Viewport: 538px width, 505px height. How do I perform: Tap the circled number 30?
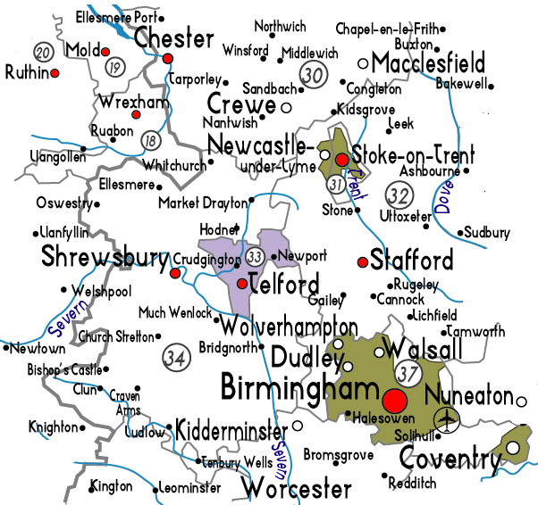tap(313, 75)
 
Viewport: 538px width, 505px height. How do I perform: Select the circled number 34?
tap(176, 357)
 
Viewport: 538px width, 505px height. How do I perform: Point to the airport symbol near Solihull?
tap(445, 418)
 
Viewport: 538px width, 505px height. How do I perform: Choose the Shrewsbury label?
tap(105, 259)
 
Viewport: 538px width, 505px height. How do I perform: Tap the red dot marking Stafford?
tap(362, 262)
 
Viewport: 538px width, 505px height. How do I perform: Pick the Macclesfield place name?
tap(428, 63)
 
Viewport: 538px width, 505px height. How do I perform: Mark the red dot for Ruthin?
tap(55, 72)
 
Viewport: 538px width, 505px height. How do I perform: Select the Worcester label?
tap(297, 489)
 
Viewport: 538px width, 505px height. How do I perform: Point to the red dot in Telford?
tap(241, 285)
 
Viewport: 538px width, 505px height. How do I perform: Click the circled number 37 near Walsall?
tap(408, 370)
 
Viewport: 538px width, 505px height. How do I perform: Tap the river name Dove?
tap(444, 198)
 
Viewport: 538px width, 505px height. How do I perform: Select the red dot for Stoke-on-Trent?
tap(341, 159)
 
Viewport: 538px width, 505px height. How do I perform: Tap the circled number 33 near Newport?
tap(256, 257)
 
